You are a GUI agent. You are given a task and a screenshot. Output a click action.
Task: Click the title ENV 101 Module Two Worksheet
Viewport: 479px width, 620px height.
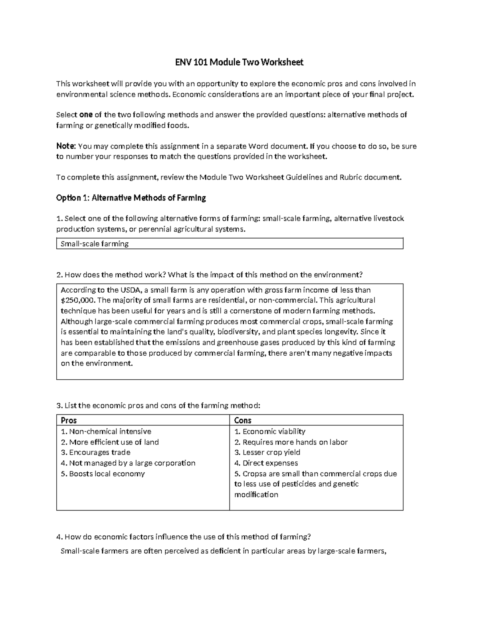(x=239, y=62)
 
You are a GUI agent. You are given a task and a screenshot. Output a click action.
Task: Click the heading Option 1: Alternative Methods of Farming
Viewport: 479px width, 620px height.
(x=131, y=198)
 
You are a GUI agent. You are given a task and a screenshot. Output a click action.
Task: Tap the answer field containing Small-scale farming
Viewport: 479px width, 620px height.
(x=230, y=244)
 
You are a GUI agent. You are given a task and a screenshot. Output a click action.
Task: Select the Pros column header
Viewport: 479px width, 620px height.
(x=69, y=420)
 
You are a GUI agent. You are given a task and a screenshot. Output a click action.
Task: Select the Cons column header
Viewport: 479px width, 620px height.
(x=243, y=420)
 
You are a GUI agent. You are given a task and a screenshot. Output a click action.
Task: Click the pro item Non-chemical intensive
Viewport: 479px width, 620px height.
(x=106, y=432)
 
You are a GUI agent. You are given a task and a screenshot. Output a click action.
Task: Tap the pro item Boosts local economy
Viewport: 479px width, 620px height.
(x=103, y=474)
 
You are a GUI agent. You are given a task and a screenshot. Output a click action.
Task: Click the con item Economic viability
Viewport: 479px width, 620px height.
(x=270, y=432)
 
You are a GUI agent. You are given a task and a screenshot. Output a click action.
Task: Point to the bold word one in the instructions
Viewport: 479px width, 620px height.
(x=86, y=115)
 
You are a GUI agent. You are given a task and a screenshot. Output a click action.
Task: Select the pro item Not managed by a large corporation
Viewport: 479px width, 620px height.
(x=128, y=463)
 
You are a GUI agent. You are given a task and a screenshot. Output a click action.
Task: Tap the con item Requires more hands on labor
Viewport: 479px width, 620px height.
(x=291, y=442)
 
